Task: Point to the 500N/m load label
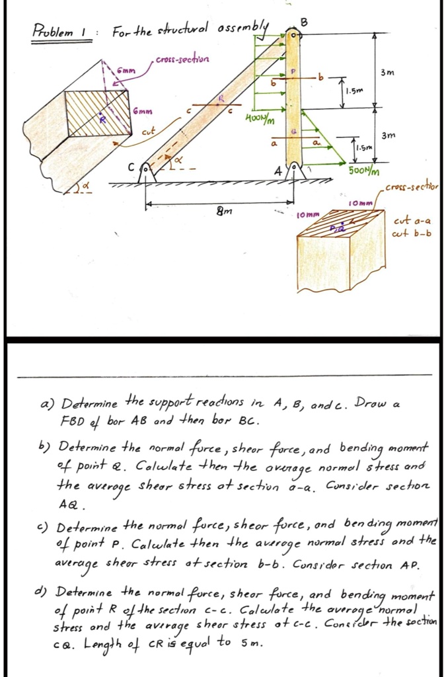point(361,172)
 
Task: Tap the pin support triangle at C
point(147,175)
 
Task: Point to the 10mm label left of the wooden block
point(309,215)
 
